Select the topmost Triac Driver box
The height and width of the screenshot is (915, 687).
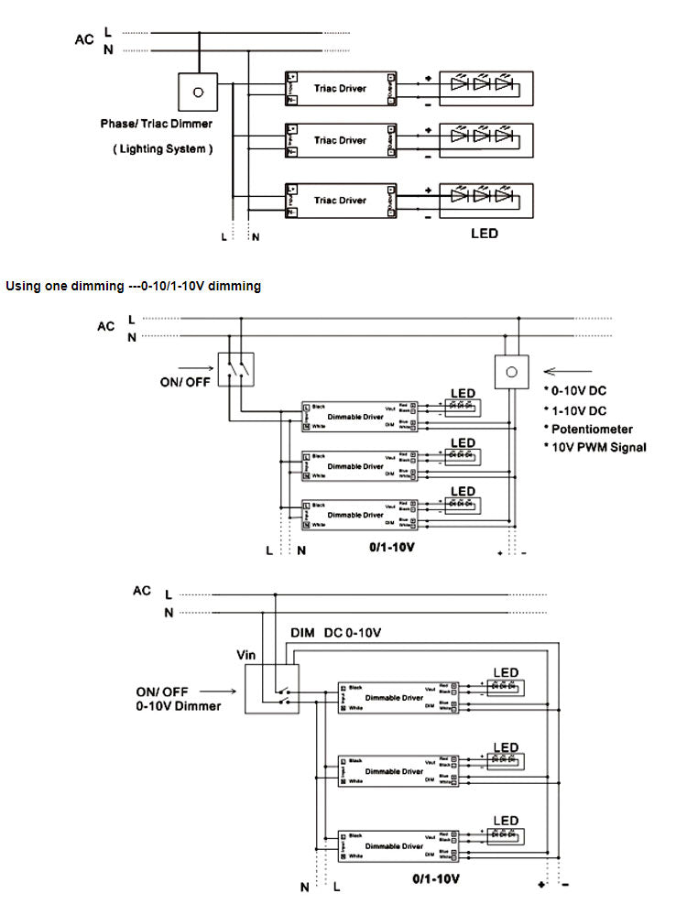pyautogui.click(x=340, y=88)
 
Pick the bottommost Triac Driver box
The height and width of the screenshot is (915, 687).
pyautogui.click(x=340, y=200)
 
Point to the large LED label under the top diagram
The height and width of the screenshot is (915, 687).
pyautogui.click(x=485, y=234)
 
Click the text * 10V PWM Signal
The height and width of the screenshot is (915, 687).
pyautogui.click(x=595, y=447)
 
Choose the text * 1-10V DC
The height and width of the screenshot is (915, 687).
pyautogui.click(x=577, y=410)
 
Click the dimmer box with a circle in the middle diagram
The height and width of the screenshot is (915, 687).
pyautogui.click(x=511, y=373)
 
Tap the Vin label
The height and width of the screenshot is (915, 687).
pyautogui.click(x=246, y=656)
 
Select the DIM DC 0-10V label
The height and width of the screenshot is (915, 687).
pyautogui.click(x=336, y=633)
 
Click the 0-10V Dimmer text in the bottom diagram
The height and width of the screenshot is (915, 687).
pyautogui.click(x=179, y=706)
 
